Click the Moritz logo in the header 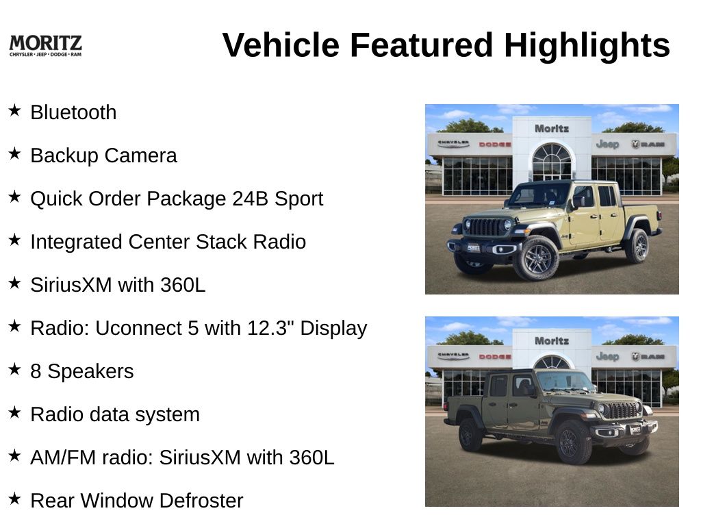[46, 46]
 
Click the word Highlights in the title [587, 45]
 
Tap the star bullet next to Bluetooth [15, 110]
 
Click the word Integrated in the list [77, 242]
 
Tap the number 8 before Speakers [36, 371]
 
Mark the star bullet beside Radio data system [15, 412]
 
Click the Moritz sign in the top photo [552, 129]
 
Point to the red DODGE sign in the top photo [495, 145]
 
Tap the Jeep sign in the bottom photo [607, 356]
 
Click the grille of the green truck [620, 410]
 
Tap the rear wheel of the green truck [470, 434]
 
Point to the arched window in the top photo [552, 161]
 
